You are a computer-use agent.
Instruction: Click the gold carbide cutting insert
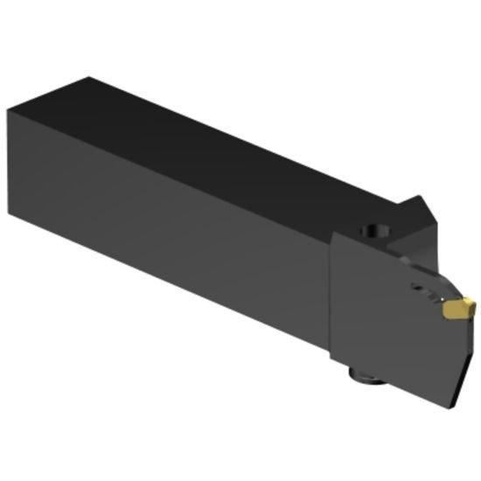[x=457, y=309]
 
